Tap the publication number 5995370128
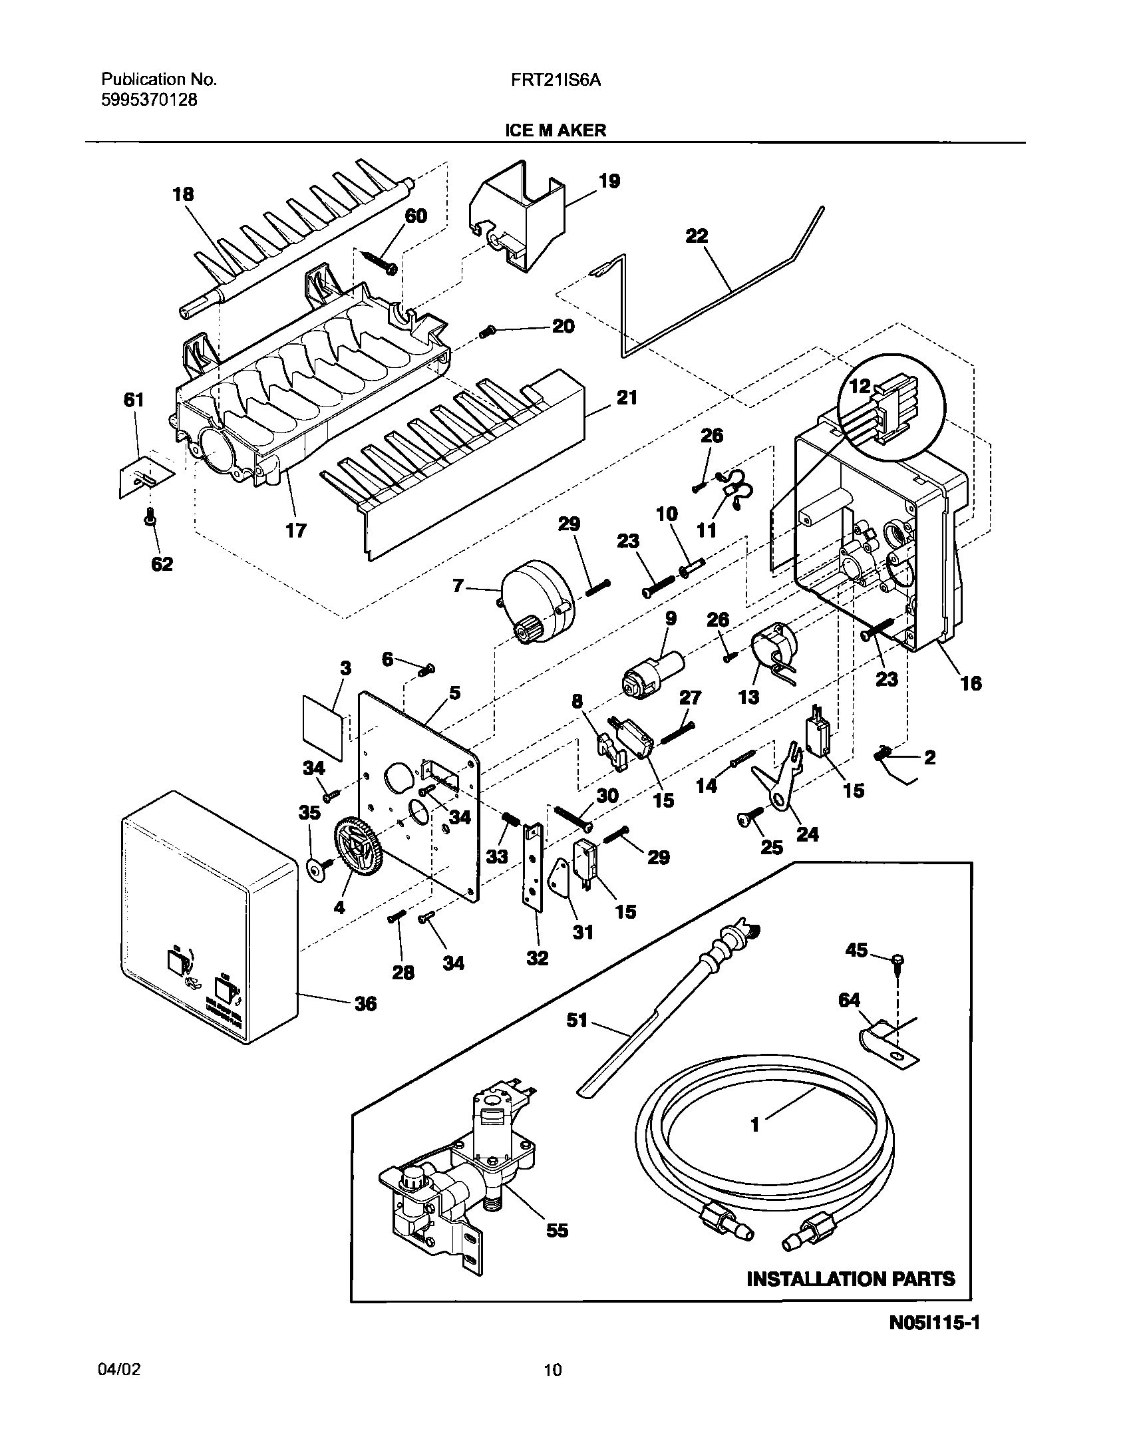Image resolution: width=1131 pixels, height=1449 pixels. click(149, 100)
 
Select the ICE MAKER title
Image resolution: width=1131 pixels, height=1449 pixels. click(556, 130)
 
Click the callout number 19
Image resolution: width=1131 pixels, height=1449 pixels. click(609, 181)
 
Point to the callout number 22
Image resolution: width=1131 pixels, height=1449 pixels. click(697, 236)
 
